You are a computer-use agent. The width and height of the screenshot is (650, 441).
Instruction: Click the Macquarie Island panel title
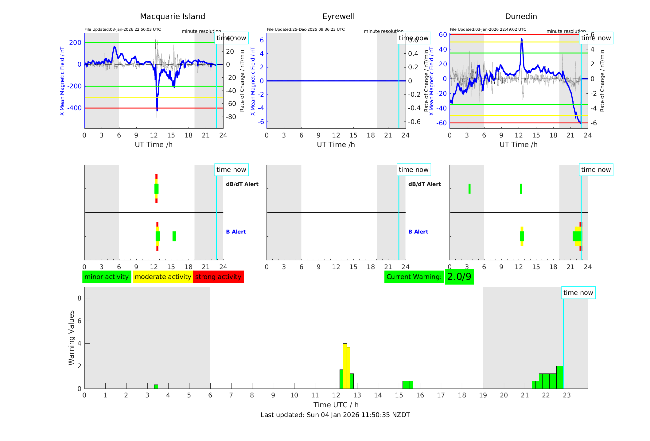(172, 17)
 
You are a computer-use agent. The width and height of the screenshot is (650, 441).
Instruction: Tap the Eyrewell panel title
(338, 17)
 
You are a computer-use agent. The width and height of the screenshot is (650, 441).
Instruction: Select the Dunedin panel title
(521, 17)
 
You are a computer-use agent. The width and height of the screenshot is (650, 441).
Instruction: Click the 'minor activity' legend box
(107, 277)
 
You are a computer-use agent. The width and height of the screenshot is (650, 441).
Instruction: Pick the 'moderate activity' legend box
(163, 277)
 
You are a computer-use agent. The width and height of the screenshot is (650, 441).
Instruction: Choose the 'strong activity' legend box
(218, 277)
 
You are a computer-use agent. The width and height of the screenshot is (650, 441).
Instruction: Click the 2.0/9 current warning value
(459, 277)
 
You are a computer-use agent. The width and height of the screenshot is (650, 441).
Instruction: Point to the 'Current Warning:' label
(414, 277)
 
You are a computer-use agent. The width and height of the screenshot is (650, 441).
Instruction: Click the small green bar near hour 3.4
(156, 387)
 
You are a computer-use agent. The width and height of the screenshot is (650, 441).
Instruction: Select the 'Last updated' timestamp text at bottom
(335, 415)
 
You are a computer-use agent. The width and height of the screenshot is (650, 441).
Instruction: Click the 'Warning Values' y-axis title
(72, 338)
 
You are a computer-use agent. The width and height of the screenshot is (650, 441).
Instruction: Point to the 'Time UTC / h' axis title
(336, 405)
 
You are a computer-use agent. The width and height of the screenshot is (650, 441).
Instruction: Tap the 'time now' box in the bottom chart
(578, 293)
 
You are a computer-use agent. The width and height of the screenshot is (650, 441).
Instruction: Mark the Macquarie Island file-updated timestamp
(123, 29)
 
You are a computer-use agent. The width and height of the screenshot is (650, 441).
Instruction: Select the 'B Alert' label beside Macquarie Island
(236, 232)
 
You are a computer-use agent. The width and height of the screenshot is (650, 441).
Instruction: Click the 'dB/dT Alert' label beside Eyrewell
(424, 184)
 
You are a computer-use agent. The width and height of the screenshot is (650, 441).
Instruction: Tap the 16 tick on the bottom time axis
(420, 395)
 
